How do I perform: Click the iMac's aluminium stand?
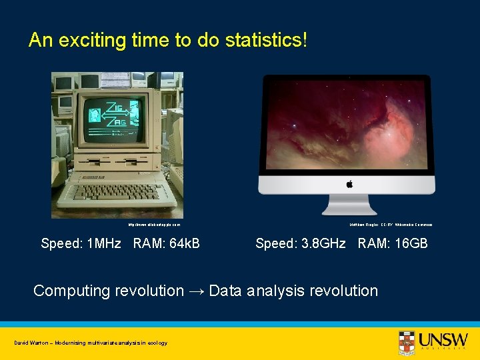349,205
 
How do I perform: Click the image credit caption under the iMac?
391,225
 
